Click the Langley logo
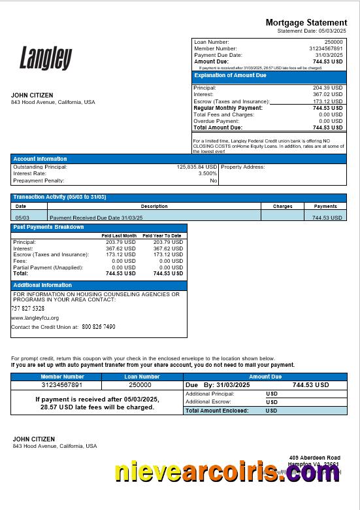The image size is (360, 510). (x=46, y=58)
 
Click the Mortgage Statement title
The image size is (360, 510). (x=306, y=23)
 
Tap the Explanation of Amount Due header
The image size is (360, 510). (x=231, y=76)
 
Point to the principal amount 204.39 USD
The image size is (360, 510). (x=327, y=88)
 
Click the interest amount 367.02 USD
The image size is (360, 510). (x=327, y=95)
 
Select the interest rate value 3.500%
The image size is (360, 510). (x=207, y=174)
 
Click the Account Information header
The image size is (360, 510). (x=41, y=159)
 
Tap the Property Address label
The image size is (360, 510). (x=243, y=167)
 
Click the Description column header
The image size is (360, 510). (x=154, y=206)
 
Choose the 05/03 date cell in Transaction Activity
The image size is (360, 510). (x=22, y=217)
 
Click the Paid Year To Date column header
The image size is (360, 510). (x=162, y=235)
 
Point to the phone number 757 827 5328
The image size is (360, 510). (x=28, y=308)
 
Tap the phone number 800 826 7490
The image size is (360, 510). (x=99, y=327)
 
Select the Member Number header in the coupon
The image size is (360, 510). (x=63, y=377)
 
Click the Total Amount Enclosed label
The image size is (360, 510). (x=217, y=411)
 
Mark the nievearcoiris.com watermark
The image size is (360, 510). (x=227, y=472)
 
